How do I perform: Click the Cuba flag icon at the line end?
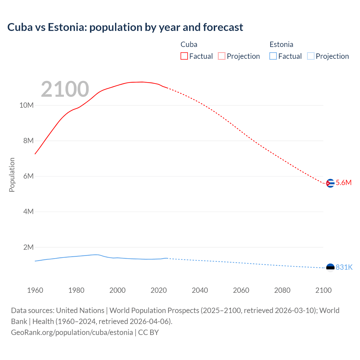pyautogui.click(x=330, y=183)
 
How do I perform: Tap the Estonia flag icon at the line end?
pyautogui.click(x=330, y=267)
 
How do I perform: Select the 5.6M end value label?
pyautogui.click(x=344, y=183)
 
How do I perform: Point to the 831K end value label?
pyautogui.click(x=344, y=267)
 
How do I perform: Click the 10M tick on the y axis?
pyautogui.click(x=26, y=105)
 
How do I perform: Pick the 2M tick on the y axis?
pyautogui.click(x=28, y=247)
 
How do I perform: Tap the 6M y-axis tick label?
pyautogui.click(x=28, y=176)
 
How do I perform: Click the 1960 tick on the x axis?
pyautogui.click(x=35, y=290)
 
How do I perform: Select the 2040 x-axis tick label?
pyautogui.click(x=200, y=290)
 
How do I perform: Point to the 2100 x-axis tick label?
pyautogui.click(x=323, y=290)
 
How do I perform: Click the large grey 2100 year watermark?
pyautogui.click(x=65, y=89)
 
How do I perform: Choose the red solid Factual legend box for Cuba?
pyautogui.click(x=184, y=56)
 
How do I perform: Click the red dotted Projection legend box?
pyautogui.click(x=222, y=56)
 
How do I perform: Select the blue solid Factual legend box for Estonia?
pyautogui.click(x=273, y=56)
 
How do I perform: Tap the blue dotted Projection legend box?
pyautogui.click(x=311, y=56)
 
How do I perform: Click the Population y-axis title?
pyautogui.click(x=12, y=175)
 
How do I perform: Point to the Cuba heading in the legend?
pyautogui.click(x=189, y=44)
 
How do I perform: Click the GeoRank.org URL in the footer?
pyautogui.click(x=72, y=332)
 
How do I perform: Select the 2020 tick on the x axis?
pyautogui.click(x=159, y=290)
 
